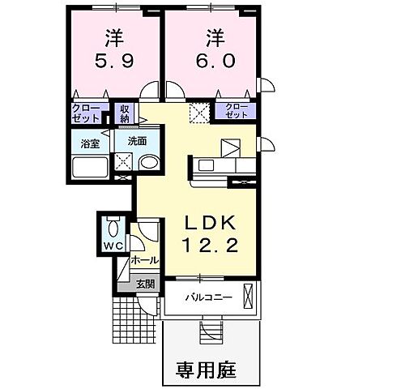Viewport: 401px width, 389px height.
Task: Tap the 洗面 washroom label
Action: [136, 141]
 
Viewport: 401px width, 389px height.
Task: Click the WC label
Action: [111, 244]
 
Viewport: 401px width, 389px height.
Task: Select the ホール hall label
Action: [144, 261]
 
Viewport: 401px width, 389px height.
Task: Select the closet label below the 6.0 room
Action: [235, 111]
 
